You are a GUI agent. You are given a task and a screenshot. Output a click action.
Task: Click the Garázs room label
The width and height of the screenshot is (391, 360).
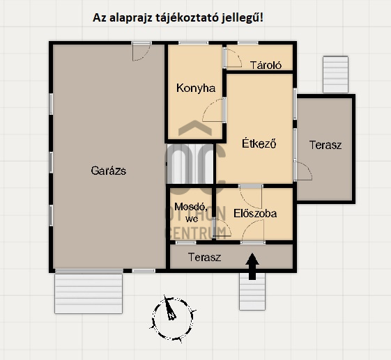(109, 171)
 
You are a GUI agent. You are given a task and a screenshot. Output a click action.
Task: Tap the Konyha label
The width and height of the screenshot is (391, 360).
(196, 88)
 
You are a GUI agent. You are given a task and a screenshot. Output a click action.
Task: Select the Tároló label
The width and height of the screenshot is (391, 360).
(266, 65)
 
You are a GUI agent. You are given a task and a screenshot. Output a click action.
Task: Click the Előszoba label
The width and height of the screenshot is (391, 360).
(255, 214)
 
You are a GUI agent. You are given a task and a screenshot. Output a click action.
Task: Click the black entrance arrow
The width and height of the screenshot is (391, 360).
(252, 266)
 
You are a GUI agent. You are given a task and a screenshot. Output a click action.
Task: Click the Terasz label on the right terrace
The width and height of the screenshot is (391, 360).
(325, 145)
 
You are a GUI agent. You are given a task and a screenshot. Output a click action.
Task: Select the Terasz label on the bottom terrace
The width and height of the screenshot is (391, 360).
(204, 257)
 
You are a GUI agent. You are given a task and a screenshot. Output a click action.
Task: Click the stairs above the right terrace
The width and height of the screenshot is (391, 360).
(335, 75)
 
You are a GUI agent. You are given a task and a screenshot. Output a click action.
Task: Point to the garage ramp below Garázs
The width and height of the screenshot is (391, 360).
(89, 293)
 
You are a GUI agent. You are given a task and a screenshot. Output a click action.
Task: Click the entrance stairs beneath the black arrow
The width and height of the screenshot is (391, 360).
(252, 292)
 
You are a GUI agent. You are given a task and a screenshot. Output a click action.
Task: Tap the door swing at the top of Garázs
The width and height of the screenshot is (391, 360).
(141, 52)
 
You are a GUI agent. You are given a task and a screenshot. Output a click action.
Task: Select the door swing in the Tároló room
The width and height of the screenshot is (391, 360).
(233, 58)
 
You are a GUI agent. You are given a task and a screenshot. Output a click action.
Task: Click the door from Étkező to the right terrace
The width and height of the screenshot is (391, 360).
(302, 171)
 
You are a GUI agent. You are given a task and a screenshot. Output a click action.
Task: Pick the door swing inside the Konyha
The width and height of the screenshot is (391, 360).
(214, 110)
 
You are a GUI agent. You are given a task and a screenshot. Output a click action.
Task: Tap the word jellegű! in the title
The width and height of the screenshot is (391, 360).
(242, 18)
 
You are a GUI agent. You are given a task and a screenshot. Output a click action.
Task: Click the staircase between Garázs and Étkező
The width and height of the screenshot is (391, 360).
(190, 164)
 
